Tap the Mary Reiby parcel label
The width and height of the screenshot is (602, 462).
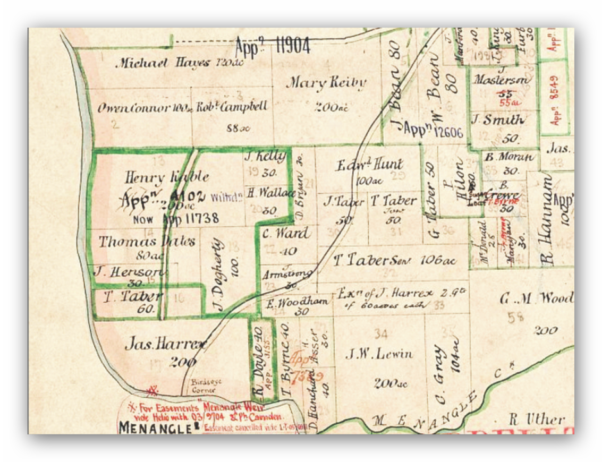click(326, 83)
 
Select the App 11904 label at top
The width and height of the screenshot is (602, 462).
click(273, 47)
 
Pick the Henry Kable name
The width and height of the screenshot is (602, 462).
click(166, 177)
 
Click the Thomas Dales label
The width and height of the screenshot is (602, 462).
click(147, 242)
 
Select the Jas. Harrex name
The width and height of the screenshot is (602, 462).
click(165, 345)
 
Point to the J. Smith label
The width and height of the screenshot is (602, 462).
click(497, 121)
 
